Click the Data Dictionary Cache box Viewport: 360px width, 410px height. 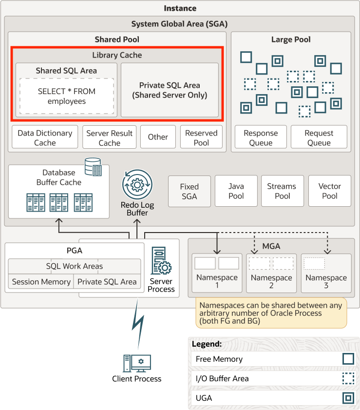click(x=45, y=137)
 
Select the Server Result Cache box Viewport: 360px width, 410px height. click(x=109, y=137)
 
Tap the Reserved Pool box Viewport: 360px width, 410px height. click(x=201, y=137)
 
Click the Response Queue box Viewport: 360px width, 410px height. click(x=261, y=137)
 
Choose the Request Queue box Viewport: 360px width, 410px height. click(x=319, y=137)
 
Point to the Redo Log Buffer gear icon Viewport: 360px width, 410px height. click(x=137, y=185)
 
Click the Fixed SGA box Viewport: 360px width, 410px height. click(x=189, y=191)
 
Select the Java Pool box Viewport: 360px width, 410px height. click(x=236, y=191)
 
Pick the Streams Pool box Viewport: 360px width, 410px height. click(x=282, y=191)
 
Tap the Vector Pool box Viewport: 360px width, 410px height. click(x=329, y=191)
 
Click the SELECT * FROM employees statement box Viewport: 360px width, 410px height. click(x=67, y=96)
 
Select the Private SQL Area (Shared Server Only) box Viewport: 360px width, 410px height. click(x=170, y=90)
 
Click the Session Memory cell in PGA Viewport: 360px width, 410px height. click(x=41, y=282)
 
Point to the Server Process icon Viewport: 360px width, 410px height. click(x=161, y=261)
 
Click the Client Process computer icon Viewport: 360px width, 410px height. click(x=137, y=363)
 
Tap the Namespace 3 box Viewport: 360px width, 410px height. click(x=326, y=273)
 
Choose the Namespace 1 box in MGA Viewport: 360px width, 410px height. click(x=217, y=273)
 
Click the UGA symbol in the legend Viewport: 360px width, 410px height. click(x=348, y=398)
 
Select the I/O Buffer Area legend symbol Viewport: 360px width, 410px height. click(x=348, y=379)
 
